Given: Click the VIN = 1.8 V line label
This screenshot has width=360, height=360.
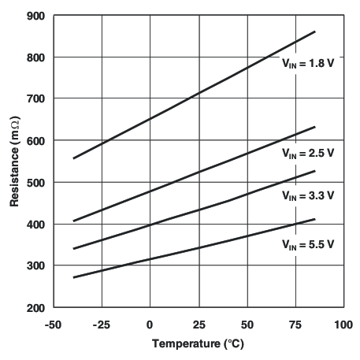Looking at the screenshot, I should tap(309, 64).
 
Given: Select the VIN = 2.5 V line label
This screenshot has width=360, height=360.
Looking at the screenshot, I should tap(309, 155).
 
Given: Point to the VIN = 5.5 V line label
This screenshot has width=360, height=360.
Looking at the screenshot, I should tap(309, 245).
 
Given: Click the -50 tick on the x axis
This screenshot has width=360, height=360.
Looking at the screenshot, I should tap(54, 323).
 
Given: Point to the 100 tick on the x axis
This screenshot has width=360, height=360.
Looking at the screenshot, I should tap(343, 323).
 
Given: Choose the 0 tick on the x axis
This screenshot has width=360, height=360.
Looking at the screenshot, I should tap(150, 323).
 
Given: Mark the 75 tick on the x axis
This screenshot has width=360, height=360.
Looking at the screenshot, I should tap(295, 323).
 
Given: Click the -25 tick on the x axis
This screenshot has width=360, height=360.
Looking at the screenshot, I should tap(102, 323).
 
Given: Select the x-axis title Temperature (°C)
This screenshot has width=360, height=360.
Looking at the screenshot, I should tap(198, 344).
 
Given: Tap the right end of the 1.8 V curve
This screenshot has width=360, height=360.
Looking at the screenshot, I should tap(315, 32).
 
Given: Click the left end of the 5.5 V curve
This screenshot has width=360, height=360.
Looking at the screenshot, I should tap(73, 277).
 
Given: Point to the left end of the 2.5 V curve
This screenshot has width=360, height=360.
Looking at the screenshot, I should tap(73, 221).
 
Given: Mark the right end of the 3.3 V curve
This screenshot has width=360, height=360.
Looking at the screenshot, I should tap(315, 171).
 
